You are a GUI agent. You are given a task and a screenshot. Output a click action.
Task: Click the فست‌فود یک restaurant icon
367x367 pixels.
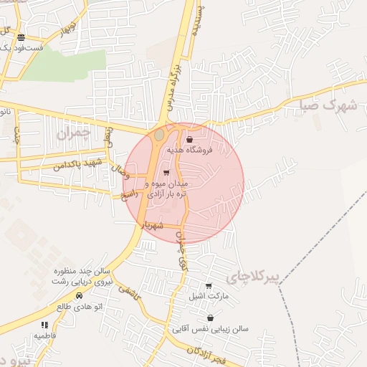(22, 37)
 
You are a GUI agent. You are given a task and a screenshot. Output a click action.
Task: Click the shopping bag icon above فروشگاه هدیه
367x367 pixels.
(189, 139)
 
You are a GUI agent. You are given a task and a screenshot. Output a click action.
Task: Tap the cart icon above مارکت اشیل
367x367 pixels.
(209, 286)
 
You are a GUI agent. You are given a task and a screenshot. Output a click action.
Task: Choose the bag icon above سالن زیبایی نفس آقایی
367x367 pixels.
(210, 318)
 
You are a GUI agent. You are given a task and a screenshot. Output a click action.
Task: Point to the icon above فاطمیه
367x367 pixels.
(45, 325)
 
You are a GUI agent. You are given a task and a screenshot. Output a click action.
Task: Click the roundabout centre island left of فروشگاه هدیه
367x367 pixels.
(159, 135)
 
